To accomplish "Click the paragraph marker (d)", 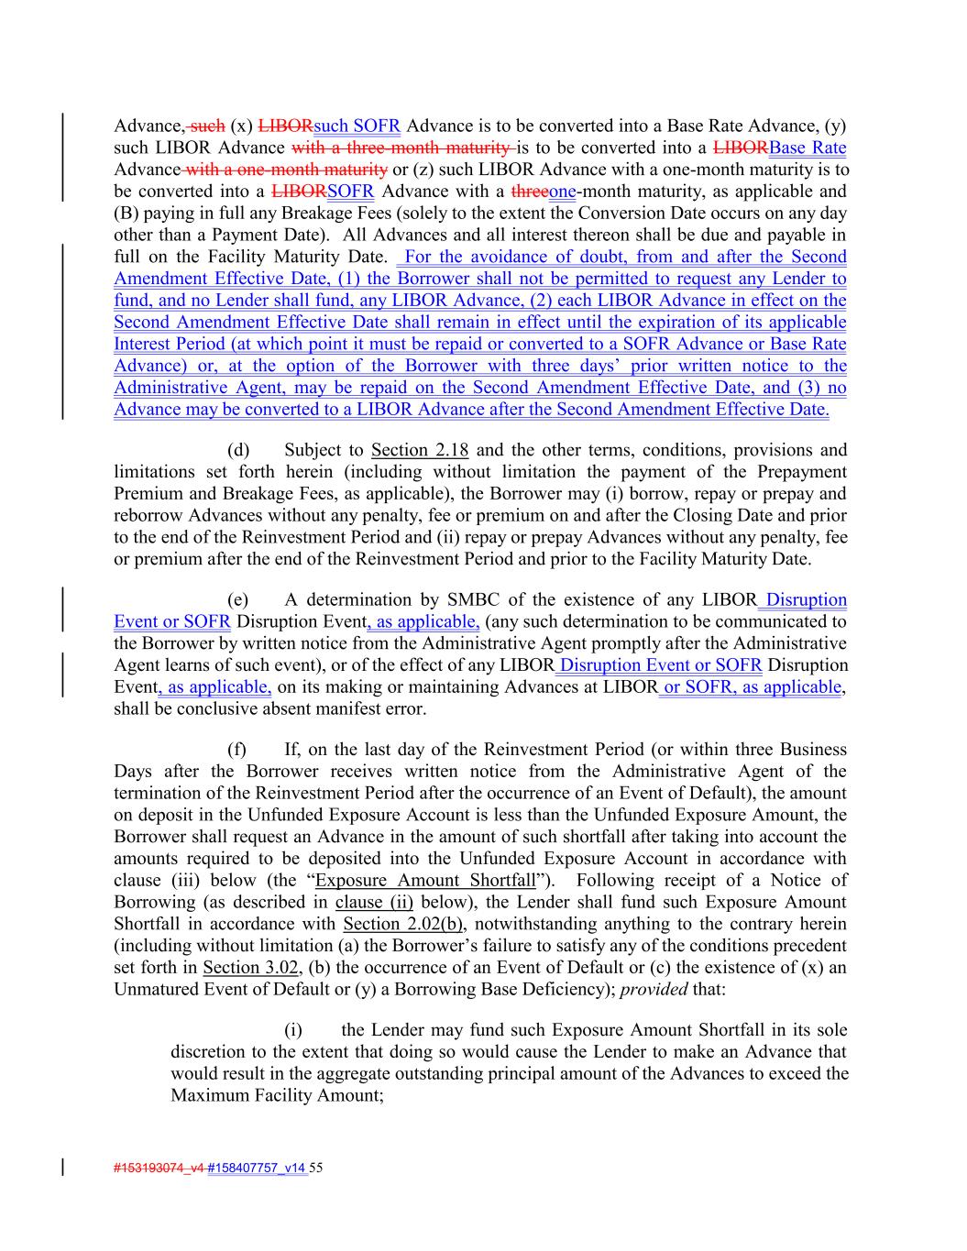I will pyautogui.click(x=237, y=450).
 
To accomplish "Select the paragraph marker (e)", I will pyautogui.click(x=237, y=600).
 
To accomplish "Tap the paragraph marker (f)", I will pyautogui.click(x=236, y=750).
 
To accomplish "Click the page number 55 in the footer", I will pyautogui.click(x=317, y=1168).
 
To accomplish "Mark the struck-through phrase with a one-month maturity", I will pyautogui.click(x=286, y=170).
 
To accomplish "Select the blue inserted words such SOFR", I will pyautogui.click(x=357, y=126).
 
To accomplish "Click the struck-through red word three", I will pyautogui.click(x=529, y=192).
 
